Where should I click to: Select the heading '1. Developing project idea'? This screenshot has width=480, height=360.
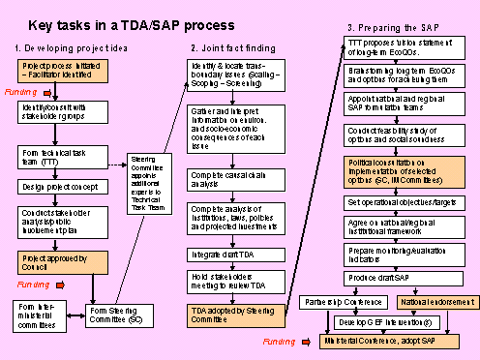[x=62, y=47]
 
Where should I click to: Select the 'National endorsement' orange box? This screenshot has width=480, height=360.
[x=436, y=302]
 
